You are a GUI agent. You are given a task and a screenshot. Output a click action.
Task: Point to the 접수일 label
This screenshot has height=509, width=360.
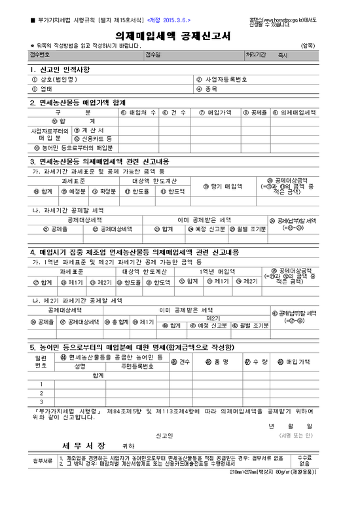152,54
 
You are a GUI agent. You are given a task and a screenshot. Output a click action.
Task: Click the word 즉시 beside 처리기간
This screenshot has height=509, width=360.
283,56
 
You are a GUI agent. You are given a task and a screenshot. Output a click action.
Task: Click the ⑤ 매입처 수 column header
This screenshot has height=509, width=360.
139,113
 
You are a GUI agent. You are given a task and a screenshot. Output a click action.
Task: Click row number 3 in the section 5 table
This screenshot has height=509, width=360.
41,401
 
